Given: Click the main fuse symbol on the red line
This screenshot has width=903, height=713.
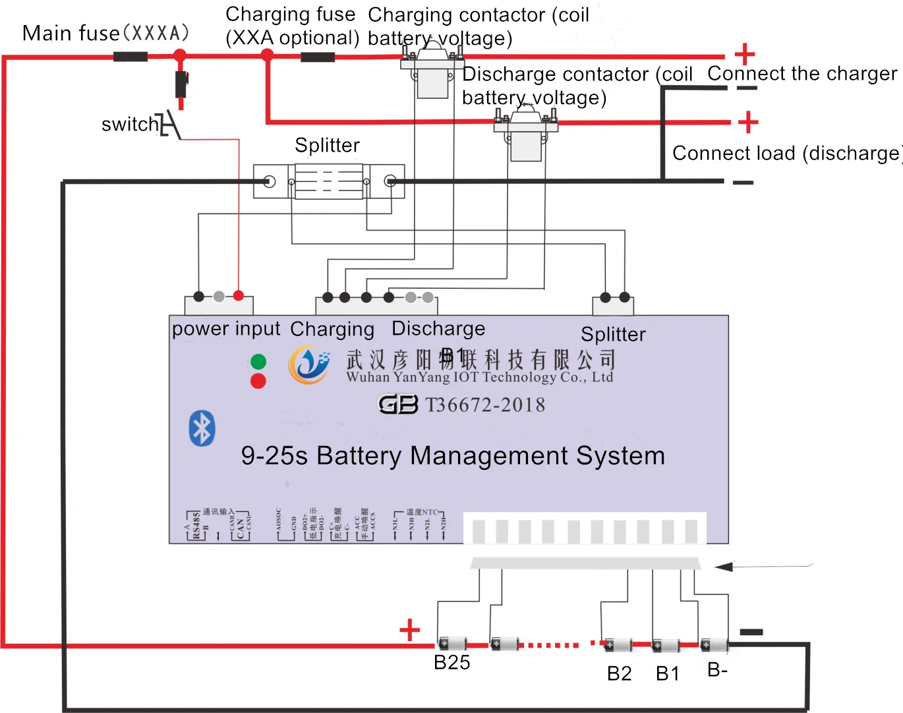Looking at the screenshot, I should click(x=131, y=57).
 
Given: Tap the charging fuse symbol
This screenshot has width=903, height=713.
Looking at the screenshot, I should click(x=318, y=57).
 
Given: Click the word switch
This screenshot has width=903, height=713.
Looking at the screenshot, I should click(x=130, y=125).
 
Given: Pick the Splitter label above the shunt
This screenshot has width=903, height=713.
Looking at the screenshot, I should click(x=327, y=146).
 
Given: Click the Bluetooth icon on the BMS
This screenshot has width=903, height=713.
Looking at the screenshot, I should click(x=202, y=429).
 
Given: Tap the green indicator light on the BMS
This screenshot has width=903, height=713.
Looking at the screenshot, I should click(x=258, y=362).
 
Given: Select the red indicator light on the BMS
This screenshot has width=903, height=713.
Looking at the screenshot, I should click(x=258, y=381).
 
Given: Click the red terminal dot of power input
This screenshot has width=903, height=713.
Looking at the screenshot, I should click(x=239, y=297).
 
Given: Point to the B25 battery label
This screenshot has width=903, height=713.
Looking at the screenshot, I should click(x=452, y=663).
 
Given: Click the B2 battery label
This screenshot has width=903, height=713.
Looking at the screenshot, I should click(x=620, y=674).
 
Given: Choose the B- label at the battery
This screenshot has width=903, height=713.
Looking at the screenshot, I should click(x=717, y=670).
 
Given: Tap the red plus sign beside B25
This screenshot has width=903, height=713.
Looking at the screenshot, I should click(x=409, y=630).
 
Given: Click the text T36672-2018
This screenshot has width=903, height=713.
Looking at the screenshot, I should click(x=485, y=405).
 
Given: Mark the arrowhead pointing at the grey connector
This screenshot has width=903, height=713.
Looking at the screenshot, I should click(x=724, y=567).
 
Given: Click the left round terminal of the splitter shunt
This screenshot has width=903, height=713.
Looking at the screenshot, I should click(x=269, y=182).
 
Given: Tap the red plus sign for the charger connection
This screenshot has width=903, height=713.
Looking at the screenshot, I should click(x=744, y=54).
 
